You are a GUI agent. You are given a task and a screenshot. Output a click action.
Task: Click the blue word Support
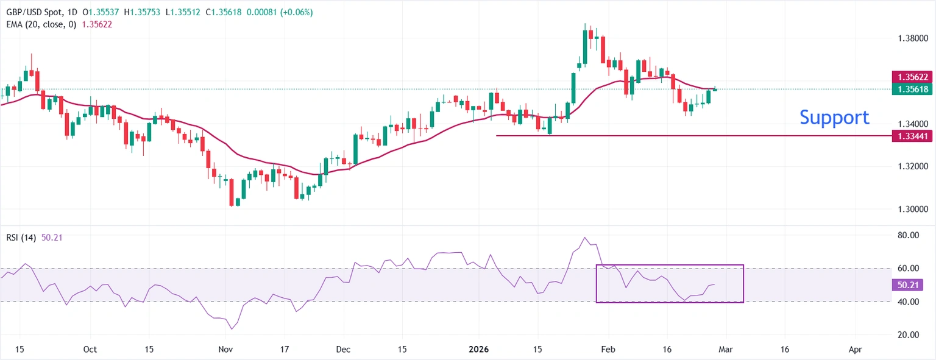(x=834, y=118)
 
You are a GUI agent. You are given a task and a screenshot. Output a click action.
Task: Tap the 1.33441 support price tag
(x=911, y=136)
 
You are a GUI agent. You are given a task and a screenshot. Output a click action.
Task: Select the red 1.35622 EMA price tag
(x=911, y=77)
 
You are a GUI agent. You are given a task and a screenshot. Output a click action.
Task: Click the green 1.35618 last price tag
(x=911, y=89)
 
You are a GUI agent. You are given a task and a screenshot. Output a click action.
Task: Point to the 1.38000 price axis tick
(x=912, y=38)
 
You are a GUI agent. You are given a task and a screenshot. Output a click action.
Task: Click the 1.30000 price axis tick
(x=912, y=209)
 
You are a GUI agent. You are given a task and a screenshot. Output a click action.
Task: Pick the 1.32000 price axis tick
(x=912, y=166)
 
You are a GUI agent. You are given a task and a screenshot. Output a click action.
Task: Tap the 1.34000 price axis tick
(x=912, y=124)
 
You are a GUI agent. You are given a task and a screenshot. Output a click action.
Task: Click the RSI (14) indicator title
(x=20, y=238)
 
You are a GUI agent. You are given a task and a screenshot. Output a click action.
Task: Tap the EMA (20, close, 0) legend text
(x=40, y=24)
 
